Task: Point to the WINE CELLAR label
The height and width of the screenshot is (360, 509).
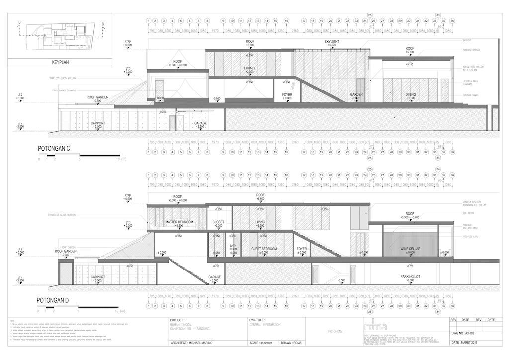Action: tap(410, 247)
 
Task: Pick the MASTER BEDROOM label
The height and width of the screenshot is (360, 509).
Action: tap(178, 222)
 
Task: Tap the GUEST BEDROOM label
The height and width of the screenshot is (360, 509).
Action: tap(263, 248)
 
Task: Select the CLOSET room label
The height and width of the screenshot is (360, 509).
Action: tap(218, 222)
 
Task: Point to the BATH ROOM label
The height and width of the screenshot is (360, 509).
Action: tap(233, 247)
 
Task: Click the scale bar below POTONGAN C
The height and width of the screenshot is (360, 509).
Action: tap(79, 156)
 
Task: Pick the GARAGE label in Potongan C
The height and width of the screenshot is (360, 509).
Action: tap(200, 123)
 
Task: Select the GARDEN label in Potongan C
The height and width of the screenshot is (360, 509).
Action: tap(356, 94)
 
